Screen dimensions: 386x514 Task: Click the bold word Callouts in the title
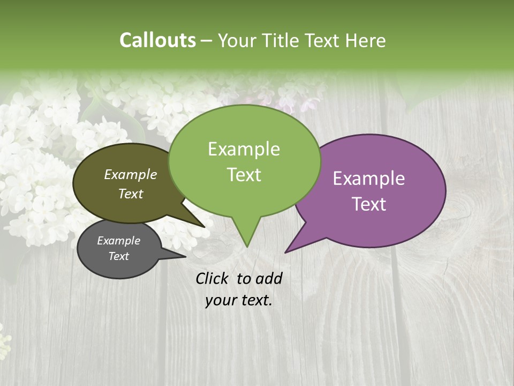click(157, 40)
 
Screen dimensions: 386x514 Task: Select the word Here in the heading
click(366, 40)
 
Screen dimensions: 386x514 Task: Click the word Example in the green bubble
click(244, 149)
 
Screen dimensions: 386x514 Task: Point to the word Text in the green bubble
click(244, 175)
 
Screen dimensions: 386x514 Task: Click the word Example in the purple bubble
click(369, 179)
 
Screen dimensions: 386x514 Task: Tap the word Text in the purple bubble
click(369, 204)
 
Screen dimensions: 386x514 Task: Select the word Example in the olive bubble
click(130, 174)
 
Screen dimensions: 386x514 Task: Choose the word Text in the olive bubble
click(130, 194)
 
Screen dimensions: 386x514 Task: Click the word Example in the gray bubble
click(118, 241)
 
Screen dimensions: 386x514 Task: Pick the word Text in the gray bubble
click(118, 256)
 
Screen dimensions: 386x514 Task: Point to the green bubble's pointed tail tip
click(247, 247)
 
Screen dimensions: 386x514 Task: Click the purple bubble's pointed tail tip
click(285, 253)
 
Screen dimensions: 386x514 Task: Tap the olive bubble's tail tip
click(205, 227)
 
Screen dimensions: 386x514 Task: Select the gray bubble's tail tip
click(185, 257)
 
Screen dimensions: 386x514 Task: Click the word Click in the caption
click(213, 278)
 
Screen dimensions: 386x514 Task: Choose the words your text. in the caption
click(239, 300)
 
